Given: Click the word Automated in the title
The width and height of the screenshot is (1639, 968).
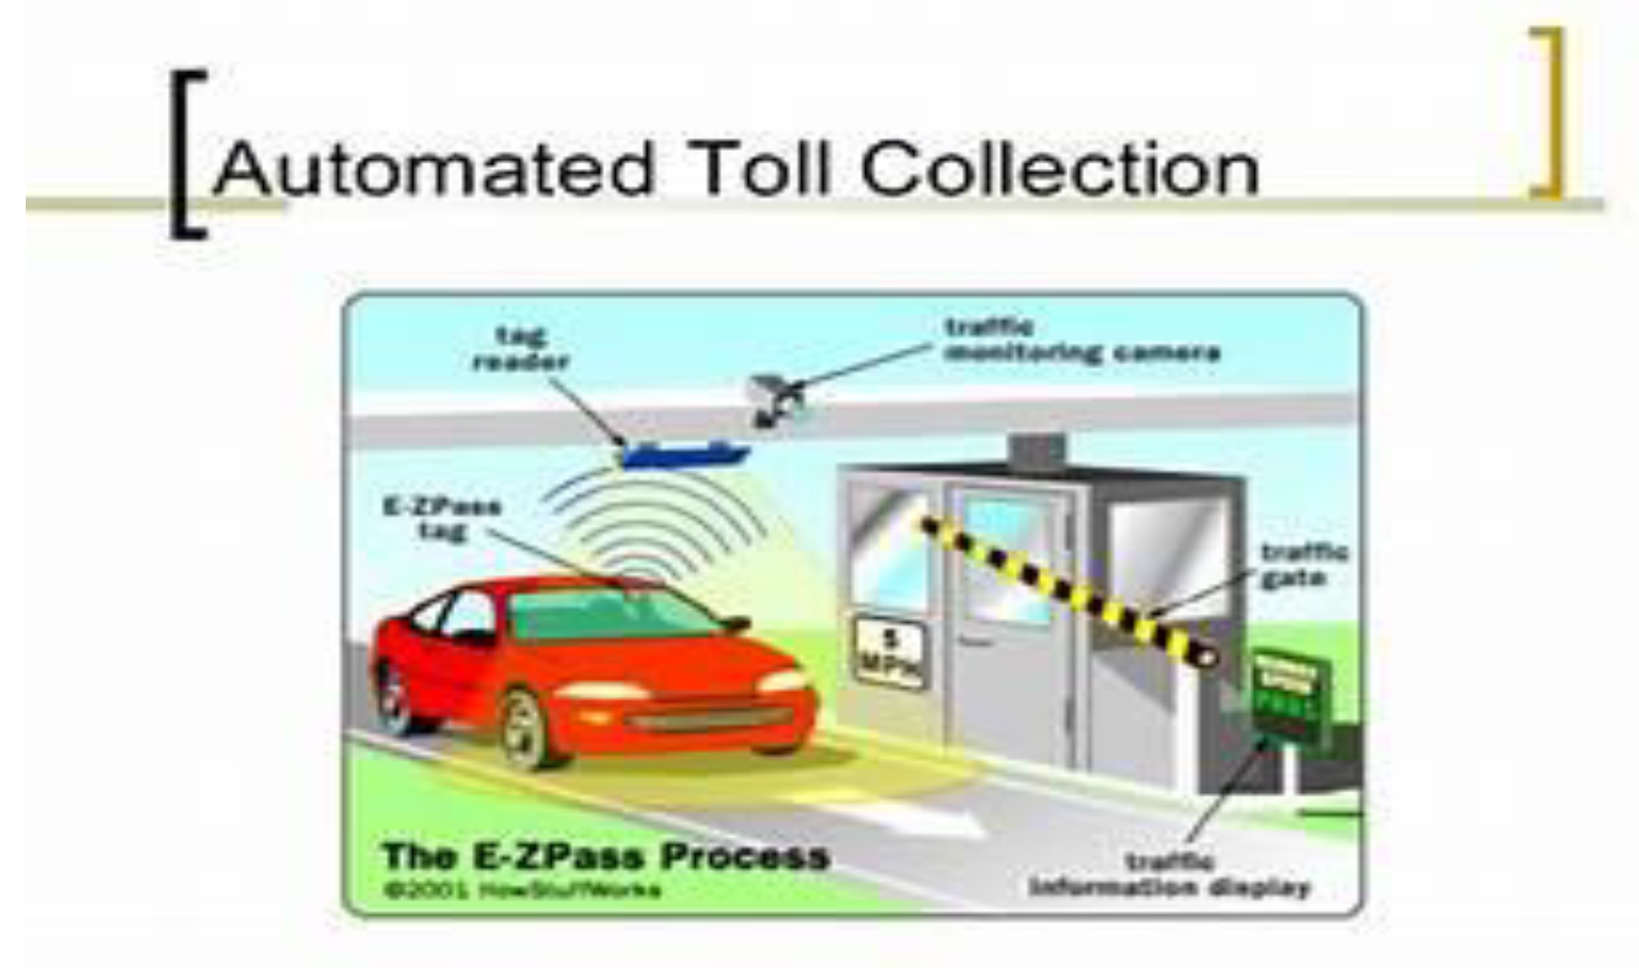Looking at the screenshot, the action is (x=433, y=169).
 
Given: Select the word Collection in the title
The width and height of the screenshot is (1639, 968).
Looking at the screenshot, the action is (x=1060, y=169).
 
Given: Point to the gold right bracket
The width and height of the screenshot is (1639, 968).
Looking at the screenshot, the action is (x=1549, y=113).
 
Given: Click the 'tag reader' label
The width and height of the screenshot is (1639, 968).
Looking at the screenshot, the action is (x=520, y=348).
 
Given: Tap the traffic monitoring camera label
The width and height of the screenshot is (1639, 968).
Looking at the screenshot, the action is (x=1081, y=340).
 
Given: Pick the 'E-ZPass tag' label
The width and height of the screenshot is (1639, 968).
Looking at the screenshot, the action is (x=442, y=518).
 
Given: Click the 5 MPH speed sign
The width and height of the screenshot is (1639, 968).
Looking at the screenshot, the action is (x=890, y=653).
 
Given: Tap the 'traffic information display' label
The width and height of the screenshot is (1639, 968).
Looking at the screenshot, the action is (x=1169, y=875).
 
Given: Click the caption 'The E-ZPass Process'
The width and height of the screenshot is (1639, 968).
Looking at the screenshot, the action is (x=605, y=856).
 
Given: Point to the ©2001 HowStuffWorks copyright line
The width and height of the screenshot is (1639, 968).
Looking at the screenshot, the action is (x=523, y=890).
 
